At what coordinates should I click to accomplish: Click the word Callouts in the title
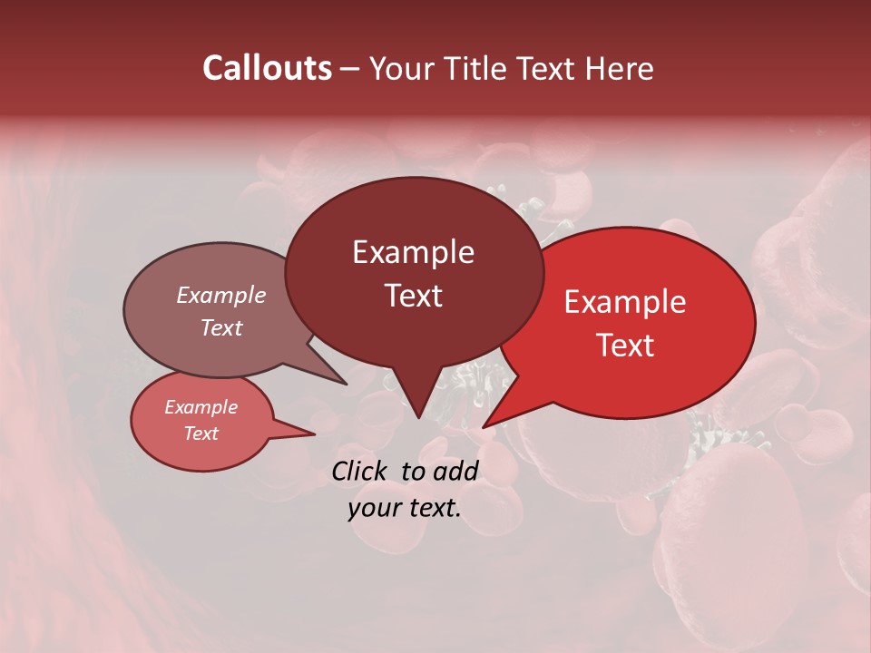pyautogui.click(x=267, y=68)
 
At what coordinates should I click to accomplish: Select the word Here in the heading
pyautogui.click(x=620, y=68)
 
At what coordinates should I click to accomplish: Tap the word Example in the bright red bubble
pyautogui.click(x=625, y=302)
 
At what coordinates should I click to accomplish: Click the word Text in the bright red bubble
pyautogui.click(x=625, y=345)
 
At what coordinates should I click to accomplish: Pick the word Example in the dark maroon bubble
pyautogui.click(x=413, y=252)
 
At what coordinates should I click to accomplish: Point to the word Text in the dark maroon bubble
pyautogui.click(x=413, y=296)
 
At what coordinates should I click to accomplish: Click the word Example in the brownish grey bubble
pyautogui.click(x=221, y=295)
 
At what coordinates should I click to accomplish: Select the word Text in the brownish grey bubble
pyautogui.click(x=221, y=327)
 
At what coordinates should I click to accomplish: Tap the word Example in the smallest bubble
pyautogui.click(x=201, y=407)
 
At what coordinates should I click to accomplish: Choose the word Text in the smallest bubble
pyautogui.click(x=201, y=434)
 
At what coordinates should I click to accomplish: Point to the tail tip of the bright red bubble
pyautogui.click(x=484, y=425)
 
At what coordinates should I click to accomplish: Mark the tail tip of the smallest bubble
pyautogui.click(x=313, y=434)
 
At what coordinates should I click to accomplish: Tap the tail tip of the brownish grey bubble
pyautogui.click(x=346, y=384)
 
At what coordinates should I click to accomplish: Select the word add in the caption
pyautogui.click(x=455, y=471)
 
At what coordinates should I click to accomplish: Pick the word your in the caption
pyautogui.click(x=372, y=508)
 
